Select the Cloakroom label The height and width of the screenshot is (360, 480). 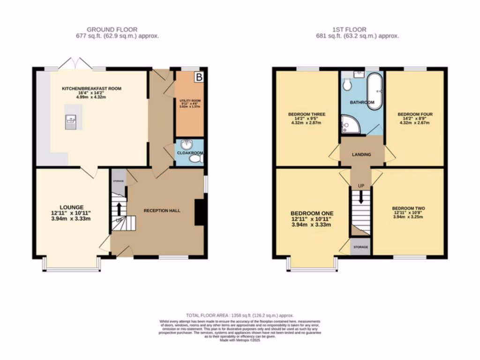pyautogui.click(x=190, y=152)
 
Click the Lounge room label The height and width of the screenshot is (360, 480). pyautogui.click(x=71, y=207)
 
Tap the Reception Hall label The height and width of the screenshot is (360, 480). pyautogui.click(x=162, y=210)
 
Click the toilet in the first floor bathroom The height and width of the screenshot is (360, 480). pyautogui.click(x=347, y=85)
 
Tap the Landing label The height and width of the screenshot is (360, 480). pyautogui.click(x=361, y=155)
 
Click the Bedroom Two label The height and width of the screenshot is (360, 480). pyautogui.click(x=408, y=208)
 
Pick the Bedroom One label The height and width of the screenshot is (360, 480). pyautogui.click(x=311, y=218)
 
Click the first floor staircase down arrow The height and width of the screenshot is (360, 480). pyautogui.click(x=361, y=196)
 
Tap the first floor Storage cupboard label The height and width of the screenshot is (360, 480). pyautogui.click(x=360, y=247)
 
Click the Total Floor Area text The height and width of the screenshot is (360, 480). pyautogui.click(x=240, y=316)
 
